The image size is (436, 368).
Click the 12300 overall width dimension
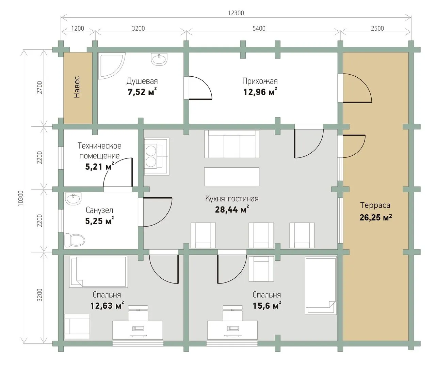pyautogui.click(x=236, y=13)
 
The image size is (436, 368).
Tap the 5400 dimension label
pyautogui.click(x=259, y=28)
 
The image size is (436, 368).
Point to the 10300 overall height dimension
pyautogui.click(x=21, y=198)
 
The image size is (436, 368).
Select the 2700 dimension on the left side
pyautogui.click(x=39, y=87)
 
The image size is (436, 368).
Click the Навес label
pyautogui.click(x=77, y=87)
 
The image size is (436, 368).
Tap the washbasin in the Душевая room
pyautogui.click(x=159, y=59)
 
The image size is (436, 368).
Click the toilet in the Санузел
pyautogui.click(x=75, y=240)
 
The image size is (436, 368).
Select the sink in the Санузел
pyautogui.click(x=73, y=199)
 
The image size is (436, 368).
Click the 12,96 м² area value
pyautogui.click(x=260, y=92)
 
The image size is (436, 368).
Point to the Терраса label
pyautogui.click(x=375, y=205)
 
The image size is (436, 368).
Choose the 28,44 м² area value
pyautogui.click(x=232, y=209)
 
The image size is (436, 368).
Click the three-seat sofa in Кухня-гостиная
pyautogui.click(x=232, y=144)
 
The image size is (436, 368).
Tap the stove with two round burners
pyautogui.click(x=157, y=156)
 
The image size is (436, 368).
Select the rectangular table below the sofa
pyautogui.click(x=232, y=177)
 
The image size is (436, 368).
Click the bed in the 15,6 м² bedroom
pyautogui.click(x=321, y=286)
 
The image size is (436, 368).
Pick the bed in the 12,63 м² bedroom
pyautogui.click(x=99, y=272)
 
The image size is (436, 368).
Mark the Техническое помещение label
pyautogui.click(x=99, y=151)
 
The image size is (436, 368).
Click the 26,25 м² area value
pyautogui.click(x=375, y=217)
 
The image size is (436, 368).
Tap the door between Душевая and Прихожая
pyautogui.click(x=198, y=88)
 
